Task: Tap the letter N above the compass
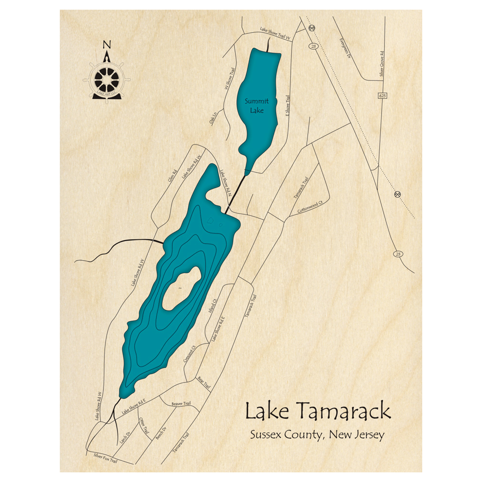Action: (x=107, y=45)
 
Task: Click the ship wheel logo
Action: (x=107, y=78)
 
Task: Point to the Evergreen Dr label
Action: (x=344, y=48)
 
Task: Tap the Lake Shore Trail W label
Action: (x=276, y=33)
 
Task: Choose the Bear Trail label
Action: (x=204, y=383)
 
